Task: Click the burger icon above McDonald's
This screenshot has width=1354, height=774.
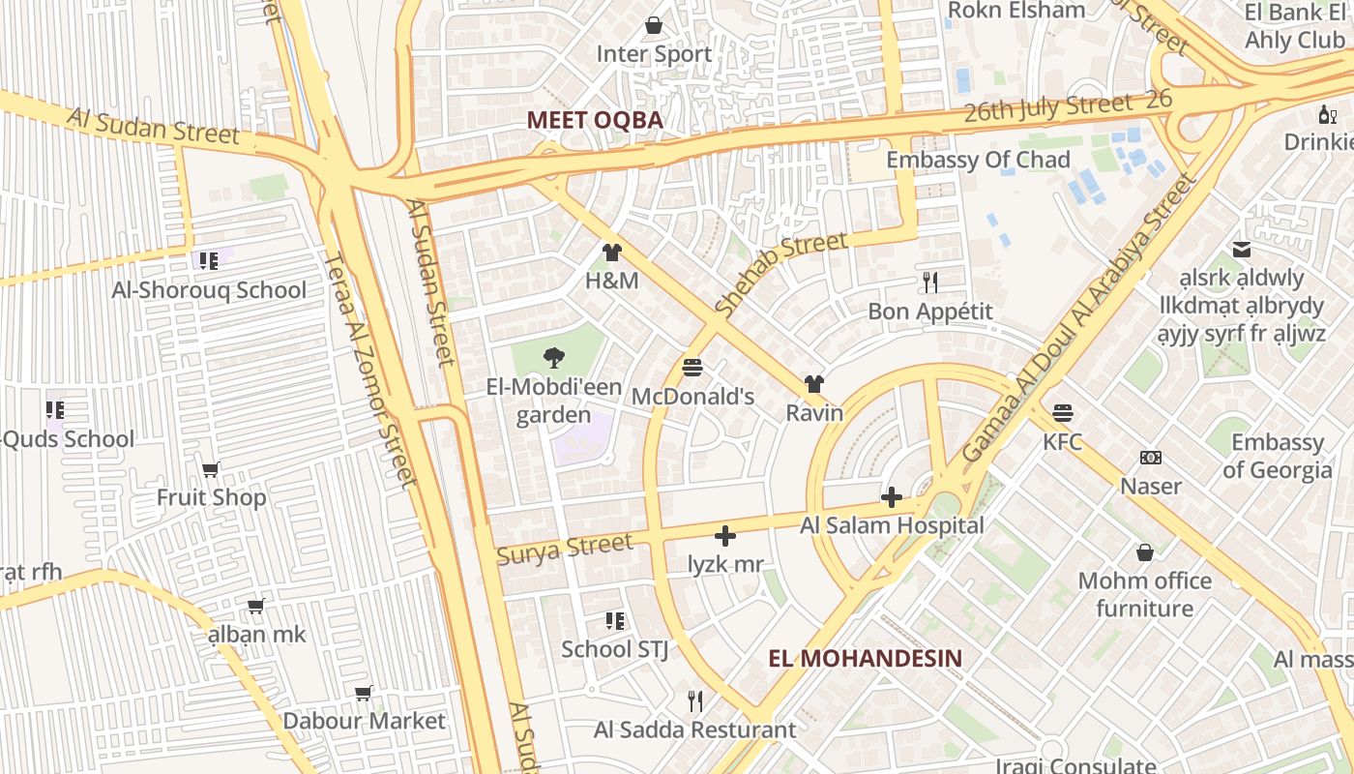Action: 692,368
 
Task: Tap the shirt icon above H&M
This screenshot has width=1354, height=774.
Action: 611,253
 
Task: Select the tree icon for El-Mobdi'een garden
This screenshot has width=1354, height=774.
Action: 553,359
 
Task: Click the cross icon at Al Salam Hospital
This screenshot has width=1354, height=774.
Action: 892,498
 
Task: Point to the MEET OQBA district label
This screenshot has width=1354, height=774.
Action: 595,120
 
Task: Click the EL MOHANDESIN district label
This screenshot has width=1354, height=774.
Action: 866,659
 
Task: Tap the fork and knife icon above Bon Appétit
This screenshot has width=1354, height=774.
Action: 930,283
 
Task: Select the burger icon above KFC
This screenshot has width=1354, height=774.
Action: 1062,413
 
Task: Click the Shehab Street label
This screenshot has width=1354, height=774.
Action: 781,273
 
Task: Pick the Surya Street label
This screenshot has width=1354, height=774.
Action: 564,550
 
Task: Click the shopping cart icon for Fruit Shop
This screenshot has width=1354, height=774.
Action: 211,469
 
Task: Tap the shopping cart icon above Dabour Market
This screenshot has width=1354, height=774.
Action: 364,693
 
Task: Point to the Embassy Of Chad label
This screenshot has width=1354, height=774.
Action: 978,160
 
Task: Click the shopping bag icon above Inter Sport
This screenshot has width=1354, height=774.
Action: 655,25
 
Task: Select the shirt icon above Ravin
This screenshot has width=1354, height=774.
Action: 814,384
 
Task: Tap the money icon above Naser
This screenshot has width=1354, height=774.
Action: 1151,457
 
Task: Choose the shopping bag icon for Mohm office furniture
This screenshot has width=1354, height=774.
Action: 1145,552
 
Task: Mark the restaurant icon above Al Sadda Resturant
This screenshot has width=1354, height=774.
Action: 694,700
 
